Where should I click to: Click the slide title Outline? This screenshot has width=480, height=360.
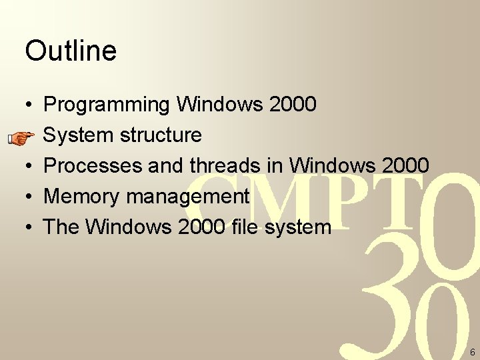71,51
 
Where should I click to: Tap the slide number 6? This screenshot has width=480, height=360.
472,351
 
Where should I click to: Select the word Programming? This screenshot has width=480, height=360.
107,105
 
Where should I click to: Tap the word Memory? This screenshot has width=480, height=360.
81,197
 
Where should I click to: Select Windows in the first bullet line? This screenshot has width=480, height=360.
220,105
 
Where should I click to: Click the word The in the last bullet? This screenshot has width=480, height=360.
61,227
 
